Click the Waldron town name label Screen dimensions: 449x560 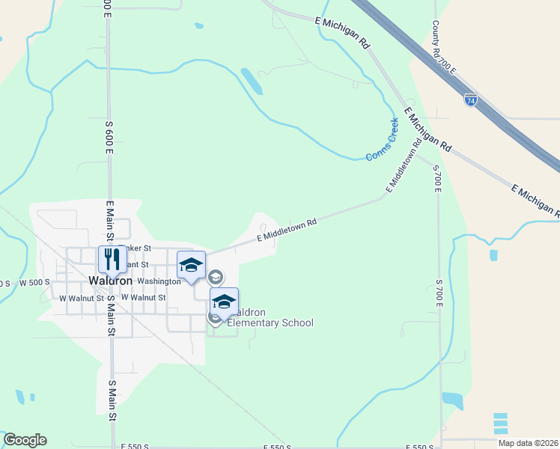(x=110, y=281)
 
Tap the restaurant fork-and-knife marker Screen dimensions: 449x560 (x=112, y=260)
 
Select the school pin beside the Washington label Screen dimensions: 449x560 (x=191, y=265)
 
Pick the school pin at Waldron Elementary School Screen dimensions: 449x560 (x=224, y=301)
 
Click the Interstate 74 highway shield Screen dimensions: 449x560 (x=470, y=100)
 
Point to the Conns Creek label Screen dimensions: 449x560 (x=382, y=139)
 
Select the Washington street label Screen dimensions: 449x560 (x=158, y=281)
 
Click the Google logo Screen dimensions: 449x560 (x=25, y=440)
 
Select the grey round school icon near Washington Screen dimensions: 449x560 (x=215, y=278)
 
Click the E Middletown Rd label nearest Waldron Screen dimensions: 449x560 (x=287, y=230)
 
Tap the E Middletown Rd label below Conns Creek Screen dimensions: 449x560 (x=401, y=166)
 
